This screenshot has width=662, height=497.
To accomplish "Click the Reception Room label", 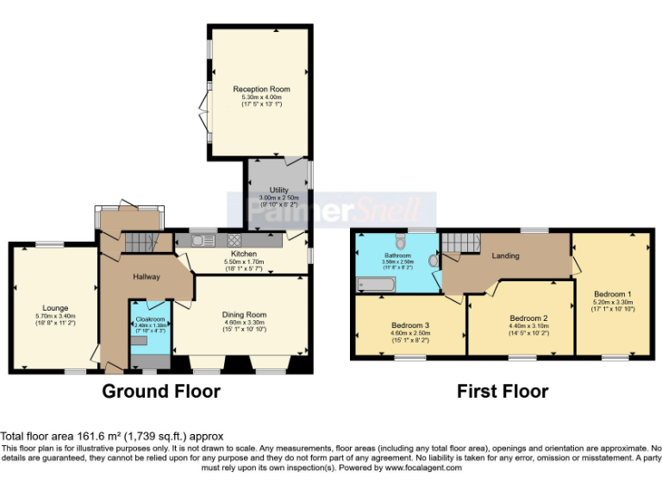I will [261, 89].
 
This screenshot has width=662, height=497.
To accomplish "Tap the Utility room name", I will [278, 190].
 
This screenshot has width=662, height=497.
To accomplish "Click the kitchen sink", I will [204, 240].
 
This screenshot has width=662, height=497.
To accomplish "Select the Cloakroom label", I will [150, 319].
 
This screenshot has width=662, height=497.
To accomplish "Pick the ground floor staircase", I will [138, 243].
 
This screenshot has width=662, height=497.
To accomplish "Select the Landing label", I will [505, 256].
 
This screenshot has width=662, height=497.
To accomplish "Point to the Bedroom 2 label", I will [528, 317].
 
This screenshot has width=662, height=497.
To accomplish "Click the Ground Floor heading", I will [161, 391].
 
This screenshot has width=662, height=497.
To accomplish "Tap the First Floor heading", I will [503, 391].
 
